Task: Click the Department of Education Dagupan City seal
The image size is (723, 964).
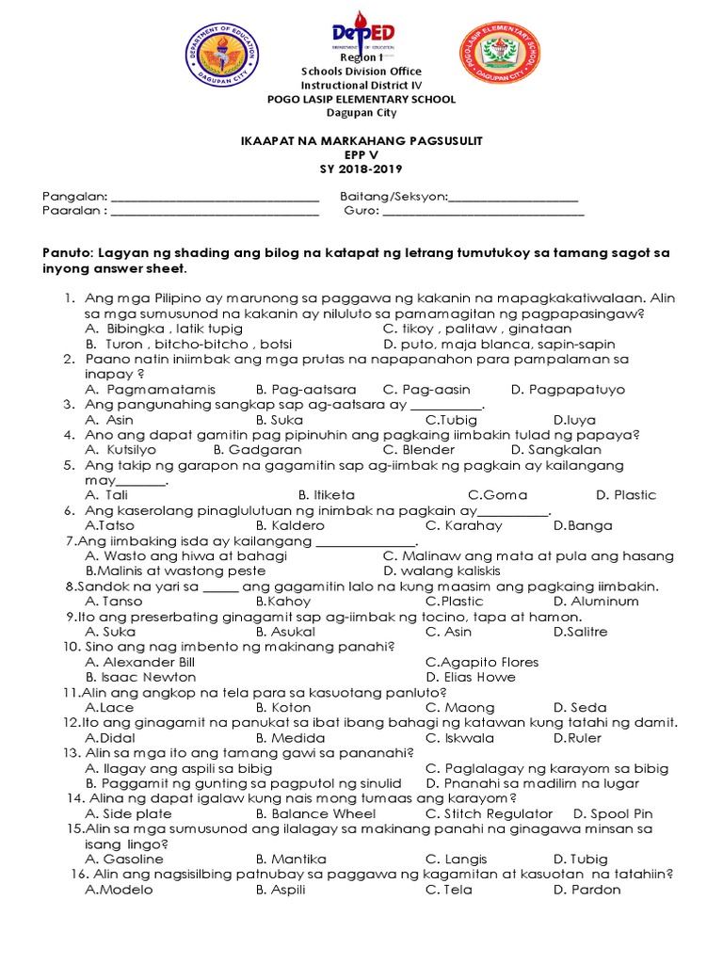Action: pyautogui.click(x=223, y=62)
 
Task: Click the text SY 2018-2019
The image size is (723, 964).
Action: pyautogui.click(x=361, y=169)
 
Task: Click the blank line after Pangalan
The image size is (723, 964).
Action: pyautogui.click(x=215, y=198)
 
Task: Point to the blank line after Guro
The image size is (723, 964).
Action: pyautogui.click(x=483, y=213)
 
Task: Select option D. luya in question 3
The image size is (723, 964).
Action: pyautogui.click(x=574, y=420)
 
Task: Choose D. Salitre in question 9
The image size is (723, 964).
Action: pyautogui.click(x=581, y=632)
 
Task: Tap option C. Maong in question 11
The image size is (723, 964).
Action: pyautogui.click(x=459, y=707)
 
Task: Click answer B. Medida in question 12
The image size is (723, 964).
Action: pyautogui.click(x=290, y=737)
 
